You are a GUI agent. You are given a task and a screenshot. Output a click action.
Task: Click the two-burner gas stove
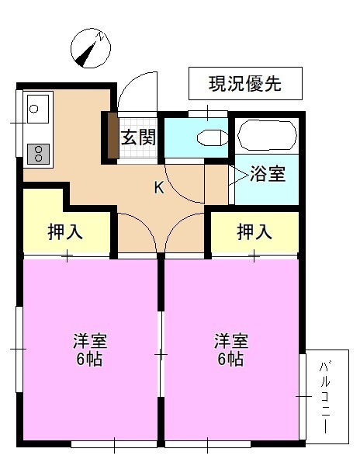point(36,153)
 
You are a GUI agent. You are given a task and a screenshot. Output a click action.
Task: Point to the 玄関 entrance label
point(140,138)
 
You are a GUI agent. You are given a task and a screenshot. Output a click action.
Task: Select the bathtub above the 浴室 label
point(265,137)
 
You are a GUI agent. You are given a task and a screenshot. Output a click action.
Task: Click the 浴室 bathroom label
point(268,175)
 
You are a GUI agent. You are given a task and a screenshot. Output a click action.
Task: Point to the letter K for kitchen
point(158,187)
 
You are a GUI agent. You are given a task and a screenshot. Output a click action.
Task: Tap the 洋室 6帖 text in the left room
point(89,350)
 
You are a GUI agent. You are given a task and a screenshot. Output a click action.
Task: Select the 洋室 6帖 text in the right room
point(230,350)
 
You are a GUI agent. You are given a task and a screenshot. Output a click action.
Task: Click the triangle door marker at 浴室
point(231,175)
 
